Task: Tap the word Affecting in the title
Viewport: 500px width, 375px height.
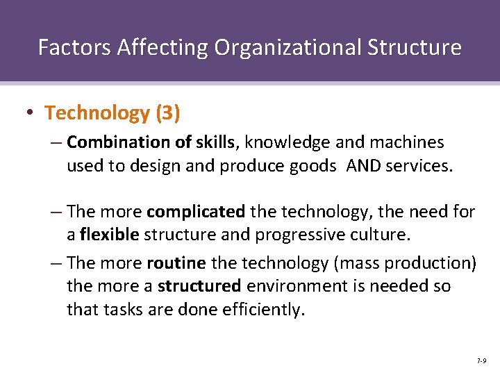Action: pyautogui.click(x=162, y=47)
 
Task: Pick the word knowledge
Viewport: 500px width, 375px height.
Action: pyautogui.click(x=287, y=143)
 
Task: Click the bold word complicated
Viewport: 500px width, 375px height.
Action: pyautogui.click(x=197, y=211)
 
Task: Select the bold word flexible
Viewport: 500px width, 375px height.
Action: pyautogui.click(x=110, y=234)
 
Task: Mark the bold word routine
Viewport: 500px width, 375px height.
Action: pyautogui.click(x=176, y=263)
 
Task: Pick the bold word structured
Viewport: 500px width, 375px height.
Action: pyautogui.click(x=200, y=286)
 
